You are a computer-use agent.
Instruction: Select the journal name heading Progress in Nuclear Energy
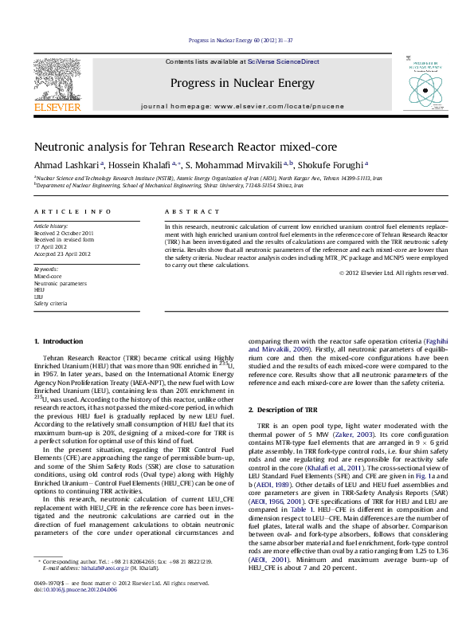[x=237, y=83]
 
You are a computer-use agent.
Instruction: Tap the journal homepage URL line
[x=237, y=105]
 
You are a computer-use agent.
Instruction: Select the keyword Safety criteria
[x=51, y=303]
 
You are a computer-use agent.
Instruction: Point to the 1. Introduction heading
[x=58, y=342]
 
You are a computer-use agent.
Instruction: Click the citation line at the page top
[x=237, y=40]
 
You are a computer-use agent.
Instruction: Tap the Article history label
[x=51, y=226]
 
